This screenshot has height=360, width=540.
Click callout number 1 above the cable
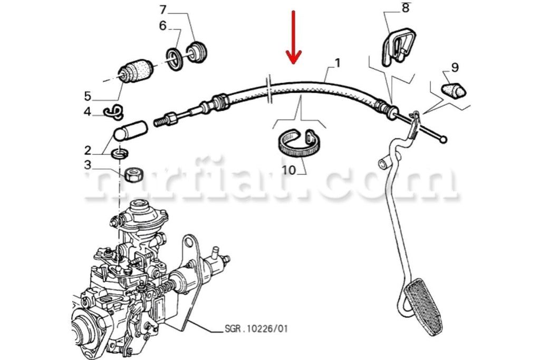[337, 64]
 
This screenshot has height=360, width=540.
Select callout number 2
[88, 150]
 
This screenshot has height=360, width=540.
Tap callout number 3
[88, 164]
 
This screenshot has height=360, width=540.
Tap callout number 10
[289, 171]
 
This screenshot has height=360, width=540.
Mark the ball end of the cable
[444, 140]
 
